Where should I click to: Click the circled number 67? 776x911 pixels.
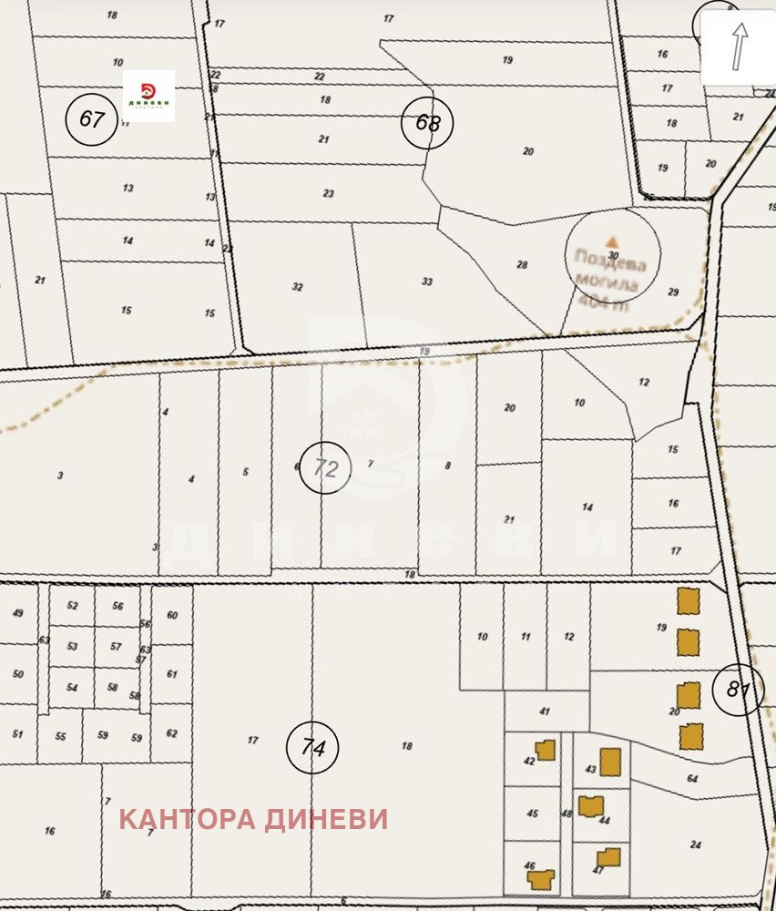point(92,119)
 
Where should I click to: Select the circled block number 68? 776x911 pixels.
point(427,123)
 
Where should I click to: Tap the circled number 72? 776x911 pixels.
point(325,468)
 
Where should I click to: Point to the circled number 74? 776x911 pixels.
point(312,748)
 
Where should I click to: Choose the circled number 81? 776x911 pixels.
point(738,690)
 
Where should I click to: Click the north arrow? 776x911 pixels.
point(739,46)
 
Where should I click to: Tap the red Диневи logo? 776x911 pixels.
point(149,96)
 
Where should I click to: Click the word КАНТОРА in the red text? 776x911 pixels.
point(187,819)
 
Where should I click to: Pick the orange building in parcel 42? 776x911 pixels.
point(545,751)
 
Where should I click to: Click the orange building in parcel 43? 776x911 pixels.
point(610,761)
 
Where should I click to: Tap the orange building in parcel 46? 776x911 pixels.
point(541,879)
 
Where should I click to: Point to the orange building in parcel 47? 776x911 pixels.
point(608,857)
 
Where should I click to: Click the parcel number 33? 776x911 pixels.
point(426,281)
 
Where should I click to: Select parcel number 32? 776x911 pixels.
point(297,286)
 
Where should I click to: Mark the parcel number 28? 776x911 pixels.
point(522,265)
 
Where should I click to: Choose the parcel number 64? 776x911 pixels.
point(692,778)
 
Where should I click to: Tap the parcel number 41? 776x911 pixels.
point(545,711)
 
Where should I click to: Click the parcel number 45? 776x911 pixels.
point(532,814)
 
